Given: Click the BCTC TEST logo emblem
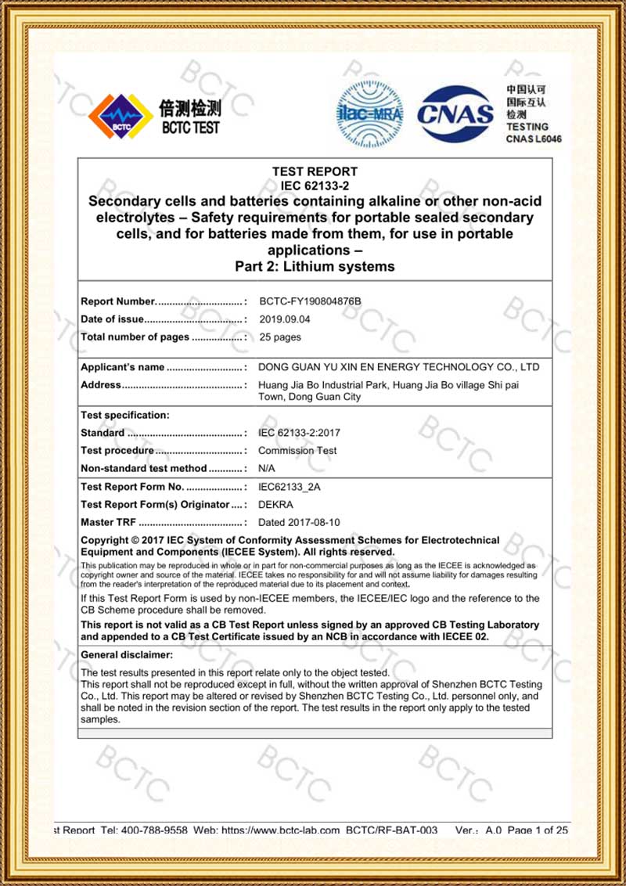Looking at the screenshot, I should pyautogui.click(x=121, y=117).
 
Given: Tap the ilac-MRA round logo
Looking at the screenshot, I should pyautogui.click(x=369, y=114).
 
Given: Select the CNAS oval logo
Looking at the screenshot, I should pyautogui.click(x=455, y=114).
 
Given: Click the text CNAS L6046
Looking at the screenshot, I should pyautogui.click(x=534, y=139).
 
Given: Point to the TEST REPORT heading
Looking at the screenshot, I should pyautogui.click(x=315, y=171).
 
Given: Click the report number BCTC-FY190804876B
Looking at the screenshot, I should pyautogui.click(x=310, y=301).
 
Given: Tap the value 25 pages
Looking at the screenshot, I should pyautogui.click(x=280, y=337).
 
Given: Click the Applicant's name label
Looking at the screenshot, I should pyautogui.click(x=123, y=367).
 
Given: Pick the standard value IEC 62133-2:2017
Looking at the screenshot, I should pyautogui.click(x=299, y=433).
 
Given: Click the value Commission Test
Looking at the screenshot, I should pyautogui.click(x=297, y=451).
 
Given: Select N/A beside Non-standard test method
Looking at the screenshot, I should pyautogui.click(x=267, y=468).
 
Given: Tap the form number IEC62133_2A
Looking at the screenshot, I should pyautogui.click(x=290, y=487).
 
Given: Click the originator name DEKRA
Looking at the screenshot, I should pyautogui.click(x=275, y=505).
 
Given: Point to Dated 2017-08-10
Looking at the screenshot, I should pyautogui.click(x=299, y=522).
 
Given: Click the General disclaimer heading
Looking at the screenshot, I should pyautogui.click(x=127, y=654).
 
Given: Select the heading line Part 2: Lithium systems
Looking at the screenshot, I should pyautogui.click(x=315, y=266).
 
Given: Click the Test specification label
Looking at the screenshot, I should pyautogui.click(x=125, y=415).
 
